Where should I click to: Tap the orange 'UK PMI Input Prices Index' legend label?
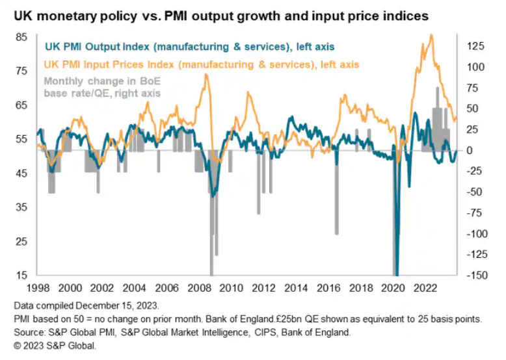pos(201,64)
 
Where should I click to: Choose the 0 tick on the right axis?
pos(470,150)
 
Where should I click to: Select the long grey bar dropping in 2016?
pos(336,198)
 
